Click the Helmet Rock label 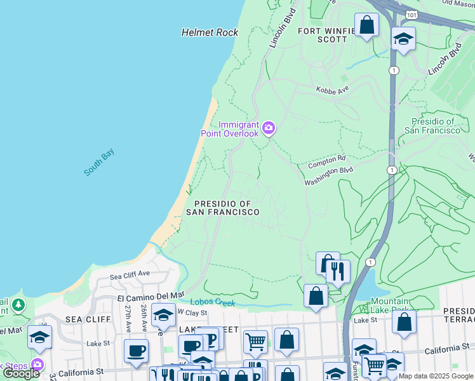(210, 32)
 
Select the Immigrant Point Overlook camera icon (269, 129)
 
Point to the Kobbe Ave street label (333, 90)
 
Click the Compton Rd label (326, 162)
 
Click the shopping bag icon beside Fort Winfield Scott (366, 25)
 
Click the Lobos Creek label (215, 302)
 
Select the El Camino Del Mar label (151, 297)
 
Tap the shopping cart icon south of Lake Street (255, 341)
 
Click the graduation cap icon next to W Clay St (164, 315)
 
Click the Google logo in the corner (21, 373)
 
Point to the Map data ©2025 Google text (435, 376)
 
